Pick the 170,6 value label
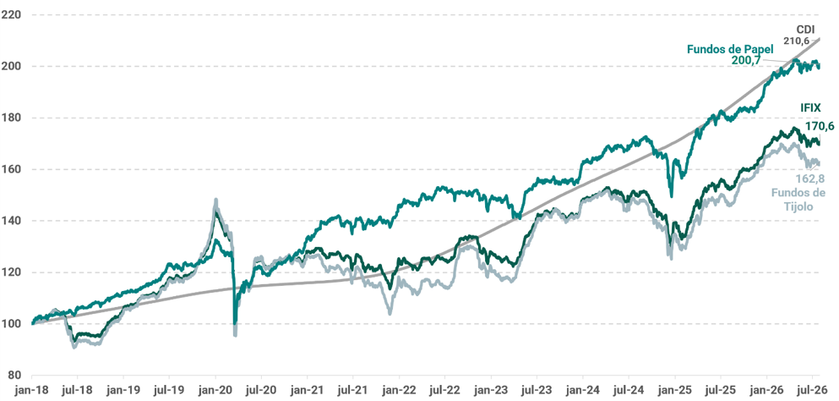tap(820, 127)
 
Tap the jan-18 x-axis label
tap(32, 390)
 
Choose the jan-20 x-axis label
tap(215, 390)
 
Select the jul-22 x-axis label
tap(445, 390)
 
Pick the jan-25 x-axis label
tap(675, 390)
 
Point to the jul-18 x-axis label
tap(78, 390)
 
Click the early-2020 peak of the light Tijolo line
tap(215, 200)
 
